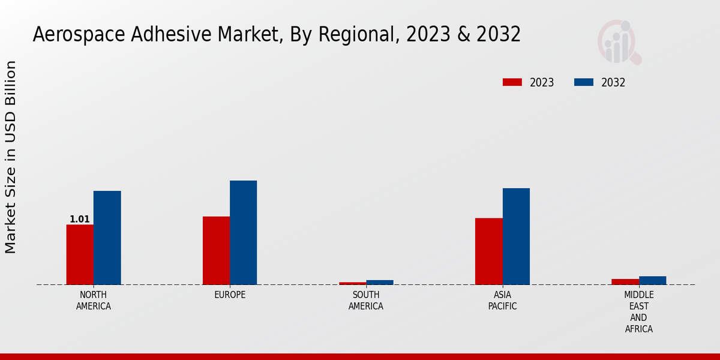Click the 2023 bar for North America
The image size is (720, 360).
(80, 254)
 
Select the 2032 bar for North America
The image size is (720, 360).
(107, 238)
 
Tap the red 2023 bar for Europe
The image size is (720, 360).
(216, 250)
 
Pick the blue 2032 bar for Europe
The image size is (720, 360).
(243, 232)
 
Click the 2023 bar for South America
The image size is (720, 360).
(352, 283)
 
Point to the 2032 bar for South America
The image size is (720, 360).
(380, 282)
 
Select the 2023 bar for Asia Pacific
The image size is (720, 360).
(488, 251)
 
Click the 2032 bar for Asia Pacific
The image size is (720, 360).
(516, 236)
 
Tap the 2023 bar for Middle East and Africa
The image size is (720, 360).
(625, 281)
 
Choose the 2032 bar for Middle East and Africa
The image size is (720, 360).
(652, 280)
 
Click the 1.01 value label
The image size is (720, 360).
(80, 220)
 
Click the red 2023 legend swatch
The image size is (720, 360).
(512, 82)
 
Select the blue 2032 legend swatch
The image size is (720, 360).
(584, 82)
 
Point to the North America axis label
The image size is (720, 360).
(94, 301)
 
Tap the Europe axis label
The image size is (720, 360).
(230, 295)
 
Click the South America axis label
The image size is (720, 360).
(366, 301)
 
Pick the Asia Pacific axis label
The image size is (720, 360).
(502, 301)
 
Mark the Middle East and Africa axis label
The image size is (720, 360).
(639, 312)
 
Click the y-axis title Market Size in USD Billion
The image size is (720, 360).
(11, 157)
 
